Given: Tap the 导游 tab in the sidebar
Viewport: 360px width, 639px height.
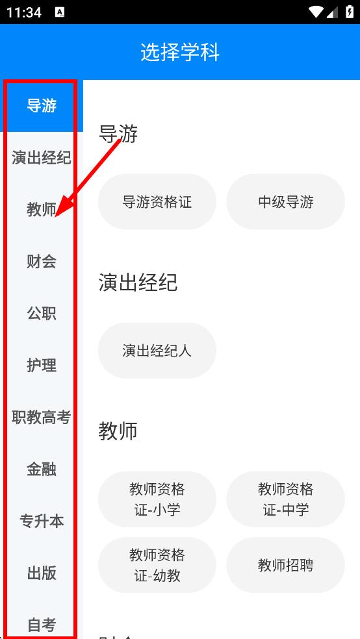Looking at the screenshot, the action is [x=42, y=106].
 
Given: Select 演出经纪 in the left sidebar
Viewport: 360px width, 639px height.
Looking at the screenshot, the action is [x=42, y=158].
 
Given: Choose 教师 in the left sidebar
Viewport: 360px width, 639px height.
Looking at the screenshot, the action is [x=42, y=210].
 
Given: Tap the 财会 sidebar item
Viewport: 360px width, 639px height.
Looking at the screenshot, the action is [x=42, y=262].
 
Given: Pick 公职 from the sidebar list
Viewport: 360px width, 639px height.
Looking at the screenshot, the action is [x=42, y=314].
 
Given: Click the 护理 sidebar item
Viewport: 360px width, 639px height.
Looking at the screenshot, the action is [x=42, y=366].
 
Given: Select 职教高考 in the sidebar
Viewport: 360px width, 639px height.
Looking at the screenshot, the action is [x=42, y=418].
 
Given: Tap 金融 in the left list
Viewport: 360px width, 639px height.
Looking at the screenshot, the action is [x=42, y=470].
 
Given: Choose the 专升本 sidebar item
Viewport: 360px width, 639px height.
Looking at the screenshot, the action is [x=42, y=521].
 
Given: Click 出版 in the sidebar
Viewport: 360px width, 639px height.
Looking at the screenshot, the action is [x=42, y=573].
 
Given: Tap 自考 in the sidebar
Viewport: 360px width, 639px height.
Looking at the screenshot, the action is [x=42, y=624].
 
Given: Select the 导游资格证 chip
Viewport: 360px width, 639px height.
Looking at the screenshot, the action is [x=157, y=202].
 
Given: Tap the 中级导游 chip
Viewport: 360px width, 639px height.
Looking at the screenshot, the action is [x=286, y=202].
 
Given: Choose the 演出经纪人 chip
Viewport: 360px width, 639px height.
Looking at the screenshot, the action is [x=157, y=351].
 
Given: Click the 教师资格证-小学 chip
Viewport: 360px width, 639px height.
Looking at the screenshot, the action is [x=157, y=499].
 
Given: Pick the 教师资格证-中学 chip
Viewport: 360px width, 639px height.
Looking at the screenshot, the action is [x=286, y=499].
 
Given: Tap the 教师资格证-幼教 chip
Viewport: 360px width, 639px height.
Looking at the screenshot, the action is [x=157, y=565].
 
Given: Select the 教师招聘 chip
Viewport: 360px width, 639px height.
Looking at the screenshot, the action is [x=286, y=565].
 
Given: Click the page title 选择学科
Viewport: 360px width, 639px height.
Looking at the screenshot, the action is [x=180, y=52].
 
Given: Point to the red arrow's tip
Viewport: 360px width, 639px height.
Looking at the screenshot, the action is [x=55, y=216].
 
